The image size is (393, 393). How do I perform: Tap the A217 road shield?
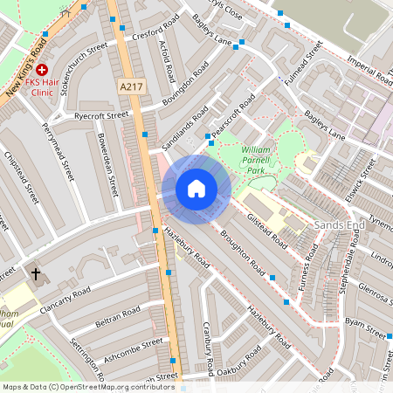[128, 86]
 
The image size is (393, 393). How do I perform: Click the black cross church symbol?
[36, 274]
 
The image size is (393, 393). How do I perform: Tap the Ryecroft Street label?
[101, 114]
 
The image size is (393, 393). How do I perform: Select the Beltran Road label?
[117, 313]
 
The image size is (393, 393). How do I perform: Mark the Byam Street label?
[365, 332]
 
